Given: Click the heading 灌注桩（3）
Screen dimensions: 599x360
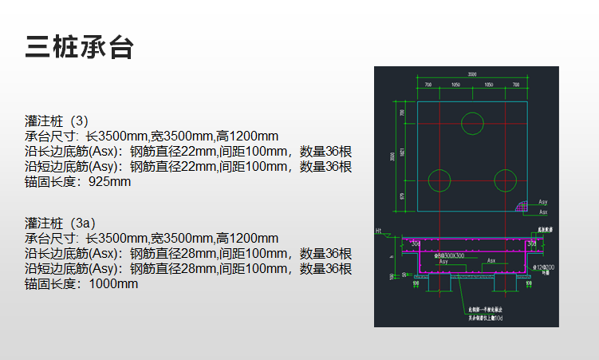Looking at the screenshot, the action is coord(57,121).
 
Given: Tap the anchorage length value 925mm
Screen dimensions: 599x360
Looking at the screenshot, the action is coord(110,182).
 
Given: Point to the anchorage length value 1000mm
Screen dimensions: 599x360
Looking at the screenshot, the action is coord(113,283).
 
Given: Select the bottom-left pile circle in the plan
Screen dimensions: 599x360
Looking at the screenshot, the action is coord(439,180).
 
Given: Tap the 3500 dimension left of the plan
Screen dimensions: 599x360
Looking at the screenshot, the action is coord(392,156).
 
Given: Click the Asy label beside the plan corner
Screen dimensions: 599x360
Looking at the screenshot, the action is coord(543,203).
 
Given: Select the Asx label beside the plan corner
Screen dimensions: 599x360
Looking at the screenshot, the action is coord(543,212).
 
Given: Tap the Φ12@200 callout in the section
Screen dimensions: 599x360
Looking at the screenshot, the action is coord(546,265).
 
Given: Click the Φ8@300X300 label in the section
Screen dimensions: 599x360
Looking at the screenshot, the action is coord(449,257).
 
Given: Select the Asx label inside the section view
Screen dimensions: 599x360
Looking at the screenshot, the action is coord(492,261).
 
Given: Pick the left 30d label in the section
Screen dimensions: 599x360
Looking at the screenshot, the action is coord(416,243).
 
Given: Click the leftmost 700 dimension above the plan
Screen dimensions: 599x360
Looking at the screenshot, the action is coord(428,84).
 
